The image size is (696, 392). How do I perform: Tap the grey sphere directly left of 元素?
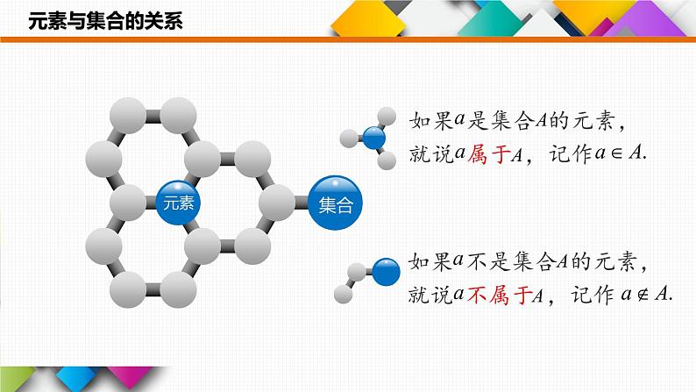[x=128, y=202]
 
